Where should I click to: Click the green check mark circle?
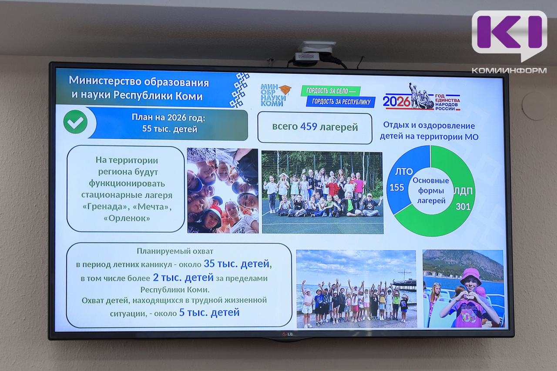click(75, 122)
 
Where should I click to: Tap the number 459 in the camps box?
click(309, 126)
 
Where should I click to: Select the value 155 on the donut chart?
click(396, 187)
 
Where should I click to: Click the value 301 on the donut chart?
click(463, 206)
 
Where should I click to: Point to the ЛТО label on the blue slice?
click(404, 171)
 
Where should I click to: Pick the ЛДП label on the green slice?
click(463, 192)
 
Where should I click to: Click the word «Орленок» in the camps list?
click(127, 218)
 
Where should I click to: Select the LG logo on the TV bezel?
click(288, 334)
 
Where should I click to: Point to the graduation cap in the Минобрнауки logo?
click(285, 89)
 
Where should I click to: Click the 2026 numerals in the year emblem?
click(396, 102)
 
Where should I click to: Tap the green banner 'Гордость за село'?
click(330, 91)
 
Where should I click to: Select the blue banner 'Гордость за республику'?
click(341, 102)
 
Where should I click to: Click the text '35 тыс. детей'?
click(236, 263)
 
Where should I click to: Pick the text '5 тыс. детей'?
click(209, 312)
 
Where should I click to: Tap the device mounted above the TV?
click(315, 54)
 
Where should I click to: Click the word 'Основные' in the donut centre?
click(431, 180)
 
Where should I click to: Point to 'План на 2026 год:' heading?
click(168, 117)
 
